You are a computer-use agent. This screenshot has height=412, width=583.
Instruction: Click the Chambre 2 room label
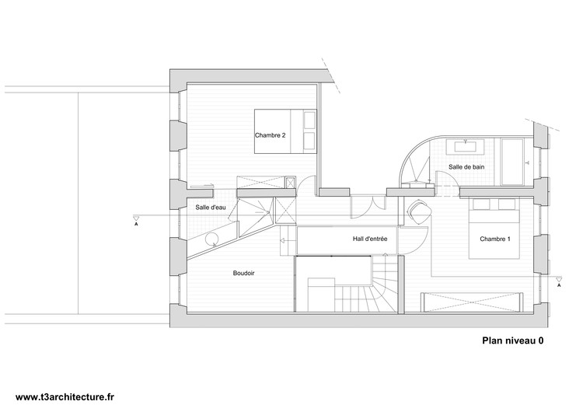[x=270, y=135]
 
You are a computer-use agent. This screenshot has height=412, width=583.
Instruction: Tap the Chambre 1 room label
[x=495, y=239]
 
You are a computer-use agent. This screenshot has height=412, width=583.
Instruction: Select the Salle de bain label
[x=466, y=167]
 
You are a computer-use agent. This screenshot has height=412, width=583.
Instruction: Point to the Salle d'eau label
[x=211, y=208]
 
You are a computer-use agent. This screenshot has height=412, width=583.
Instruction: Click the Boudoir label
[x=244, y=273]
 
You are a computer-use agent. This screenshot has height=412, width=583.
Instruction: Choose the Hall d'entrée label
[x=370, y=239]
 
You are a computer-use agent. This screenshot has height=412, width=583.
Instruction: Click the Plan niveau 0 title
[x=513, y=340]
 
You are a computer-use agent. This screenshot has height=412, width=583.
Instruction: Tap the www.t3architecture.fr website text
[x=65, y=397]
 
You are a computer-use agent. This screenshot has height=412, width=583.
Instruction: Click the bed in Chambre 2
[x=285, y=131]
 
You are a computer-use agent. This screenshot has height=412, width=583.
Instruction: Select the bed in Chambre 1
[x=494, y=229]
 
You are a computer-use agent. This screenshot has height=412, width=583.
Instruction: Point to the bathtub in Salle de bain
[x=512, y=162]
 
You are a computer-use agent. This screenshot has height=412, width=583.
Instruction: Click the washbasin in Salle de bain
[x=465, y=146]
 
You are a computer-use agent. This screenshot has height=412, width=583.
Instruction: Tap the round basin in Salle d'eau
[x=211, y=239]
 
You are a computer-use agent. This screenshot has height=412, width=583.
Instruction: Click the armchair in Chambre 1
[x=420, y=212]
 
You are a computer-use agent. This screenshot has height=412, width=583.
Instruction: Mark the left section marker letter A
[x=136, y=225]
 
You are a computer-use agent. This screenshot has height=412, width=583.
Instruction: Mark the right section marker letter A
[x=558, y=285]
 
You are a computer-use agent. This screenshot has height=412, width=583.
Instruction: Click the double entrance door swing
[x=368, y=207]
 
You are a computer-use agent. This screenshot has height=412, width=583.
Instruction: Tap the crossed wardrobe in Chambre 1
[x=472, y=302]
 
